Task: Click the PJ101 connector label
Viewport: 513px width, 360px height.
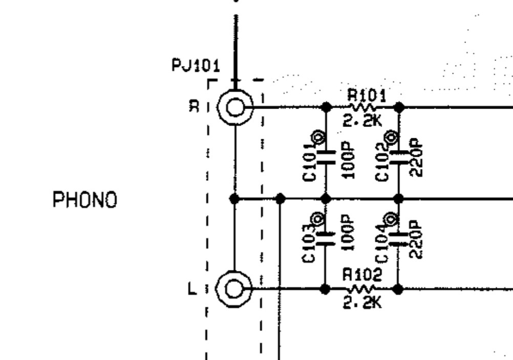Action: click(196, 66)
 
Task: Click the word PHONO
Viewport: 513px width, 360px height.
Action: click(85, 200)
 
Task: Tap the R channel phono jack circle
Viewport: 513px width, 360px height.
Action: click(235, 108)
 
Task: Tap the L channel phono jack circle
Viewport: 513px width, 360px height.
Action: click(235, 289)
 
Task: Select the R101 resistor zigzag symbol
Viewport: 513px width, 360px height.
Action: click(362, 108)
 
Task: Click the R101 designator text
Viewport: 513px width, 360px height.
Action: click(367, 95)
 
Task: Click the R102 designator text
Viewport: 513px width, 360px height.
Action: click(362, 276)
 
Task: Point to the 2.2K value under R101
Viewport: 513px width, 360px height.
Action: click(362, 121)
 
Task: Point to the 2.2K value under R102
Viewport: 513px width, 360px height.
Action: click(362, 303)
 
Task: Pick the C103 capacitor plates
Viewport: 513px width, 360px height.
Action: click(326, 239)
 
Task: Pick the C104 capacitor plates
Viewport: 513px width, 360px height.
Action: click(398, 239)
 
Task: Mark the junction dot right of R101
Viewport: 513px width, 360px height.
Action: click(399, 108)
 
